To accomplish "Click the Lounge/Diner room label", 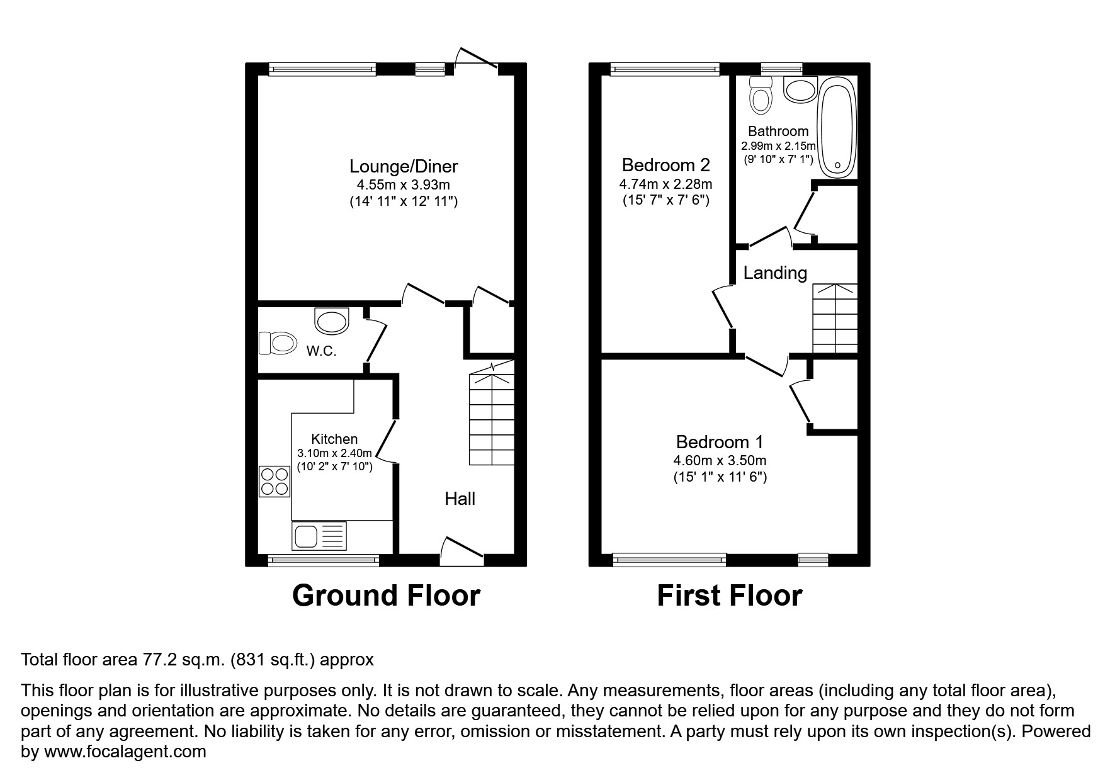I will (404, 166).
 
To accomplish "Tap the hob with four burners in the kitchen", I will (275, 481).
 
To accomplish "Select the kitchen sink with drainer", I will (319, 536).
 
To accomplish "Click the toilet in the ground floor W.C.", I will (278, 344).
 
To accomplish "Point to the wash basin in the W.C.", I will (331, 321).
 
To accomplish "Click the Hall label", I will (460, 499).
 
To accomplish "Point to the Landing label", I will (775, 273).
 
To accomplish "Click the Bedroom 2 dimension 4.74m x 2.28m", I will (665, 184).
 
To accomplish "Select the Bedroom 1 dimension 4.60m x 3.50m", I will (720, 461).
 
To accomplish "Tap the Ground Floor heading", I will (386, 596).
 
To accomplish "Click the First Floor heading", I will (730, 596).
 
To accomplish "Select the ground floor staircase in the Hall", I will (492, 419).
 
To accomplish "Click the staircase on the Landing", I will (835, 319).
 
